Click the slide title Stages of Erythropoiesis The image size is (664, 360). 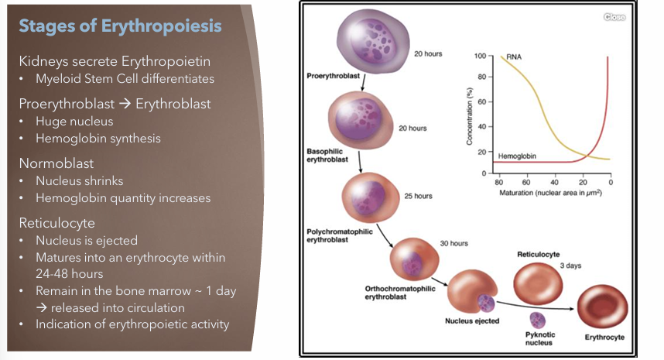pyautogui.click(x=120, y=26)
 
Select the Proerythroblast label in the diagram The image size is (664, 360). pyautogui.click(x=331, y=76)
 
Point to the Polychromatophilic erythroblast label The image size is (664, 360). pyautogui.click(x=341, y=235)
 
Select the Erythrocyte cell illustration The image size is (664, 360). pyautogui.click(x=604, y=308)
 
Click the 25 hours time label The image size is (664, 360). pyautogui.click(x=418, y=196)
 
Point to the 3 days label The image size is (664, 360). pyautogui.click(x=570, y=266)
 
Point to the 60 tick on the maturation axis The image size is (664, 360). pyautogui.click(x=526, y=181)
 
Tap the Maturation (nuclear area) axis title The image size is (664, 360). pyautogui.click(x=551, y=191)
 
